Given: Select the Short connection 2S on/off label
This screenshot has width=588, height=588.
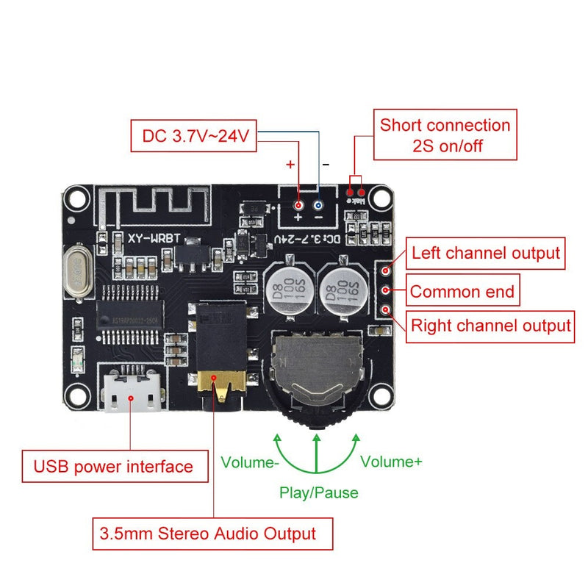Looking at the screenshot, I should (444, 135).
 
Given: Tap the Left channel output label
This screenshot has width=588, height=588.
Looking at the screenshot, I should (485, 254).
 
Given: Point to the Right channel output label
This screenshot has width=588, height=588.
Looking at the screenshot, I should (490, 325).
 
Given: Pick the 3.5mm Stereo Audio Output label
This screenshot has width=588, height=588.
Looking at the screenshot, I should (212, 534).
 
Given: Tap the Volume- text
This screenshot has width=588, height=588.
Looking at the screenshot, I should (250, 462).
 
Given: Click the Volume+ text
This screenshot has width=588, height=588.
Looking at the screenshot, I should (391, 462).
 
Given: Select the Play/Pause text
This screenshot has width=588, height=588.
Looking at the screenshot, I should (318, 492).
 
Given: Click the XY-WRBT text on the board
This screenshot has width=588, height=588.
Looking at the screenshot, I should (153, 239).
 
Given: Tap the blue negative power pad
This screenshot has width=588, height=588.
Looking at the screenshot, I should (318, 206).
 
